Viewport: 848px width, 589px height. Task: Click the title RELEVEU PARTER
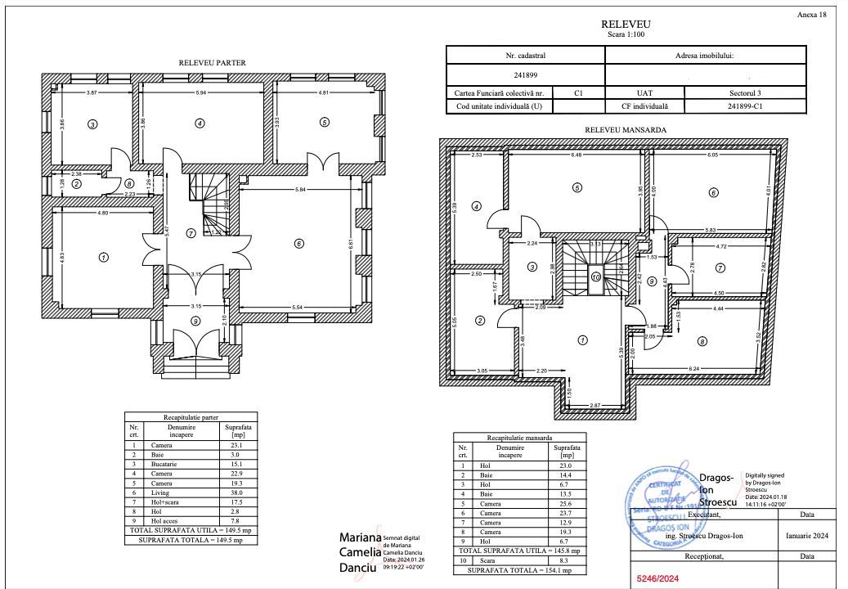pyautogui.click(x=212, y=63)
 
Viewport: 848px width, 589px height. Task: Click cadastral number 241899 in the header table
pyautogui.click(x=525, y=74)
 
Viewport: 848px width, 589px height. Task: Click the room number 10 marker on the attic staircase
pyautogui.click(x=595, y=277)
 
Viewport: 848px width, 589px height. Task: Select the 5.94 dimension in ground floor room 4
pyautogui.click(x=202, y=93)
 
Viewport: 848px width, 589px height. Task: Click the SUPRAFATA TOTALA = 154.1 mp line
pyautogui.click(x=518, y=569)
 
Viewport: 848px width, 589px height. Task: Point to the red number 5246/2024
pyautogui.click(x=660, y=578)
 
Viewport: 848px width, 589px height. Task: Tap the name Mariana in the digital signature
pyautogui.click(x=360, y=537)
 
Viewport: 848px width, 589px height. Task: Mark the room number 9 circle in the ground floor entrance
pyautogui.click(x=195, y=321)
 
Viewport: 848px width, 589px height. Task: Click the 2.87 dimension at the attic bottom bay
pyautogui.click(x=595, y=406)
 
